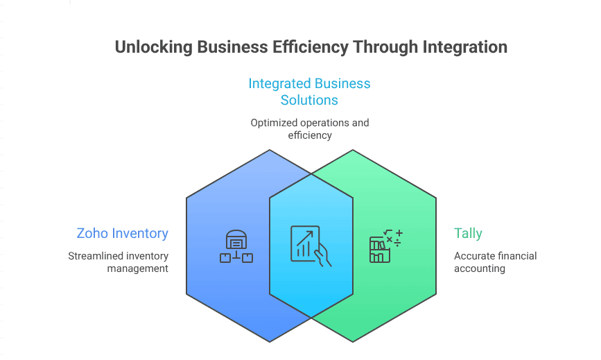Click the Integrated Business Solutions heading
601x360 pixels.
pos(309,92)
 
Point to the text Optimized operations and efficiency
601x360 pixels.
pos(309,128)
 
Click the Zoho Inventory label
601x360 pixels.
pos(122,233)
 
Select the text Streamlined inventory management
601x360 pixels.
pos(119,262)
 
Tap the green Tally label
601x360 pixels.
pos(468,233)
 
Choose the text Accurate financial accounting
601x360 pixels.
pos(495,262)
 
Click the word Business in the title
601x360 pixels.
pos(231,47)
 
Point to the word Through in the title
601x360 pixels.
pos(384,47)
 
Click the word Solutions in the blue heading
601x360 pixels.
pos(309,100)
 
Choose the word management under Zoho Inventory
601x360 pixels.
pos(138,268)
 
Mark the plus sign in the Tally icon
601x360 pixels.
pos(399,233)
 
